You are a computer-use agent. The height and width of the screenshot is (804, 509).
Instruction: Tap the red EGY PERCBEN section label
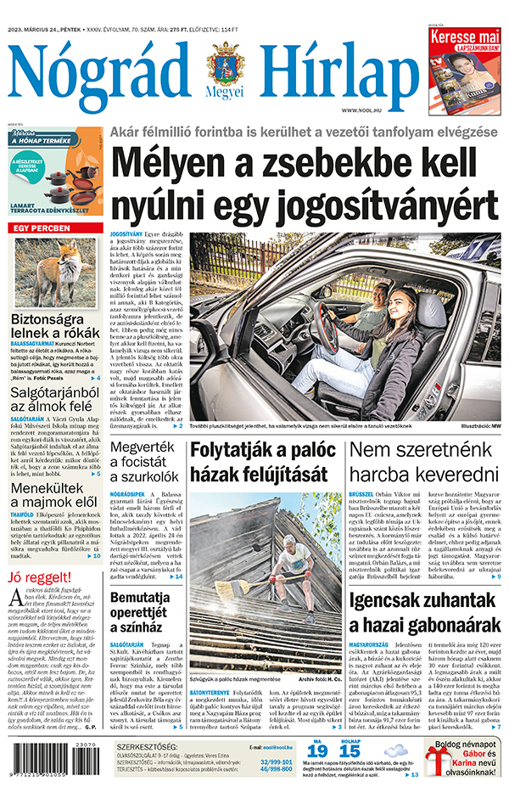39,228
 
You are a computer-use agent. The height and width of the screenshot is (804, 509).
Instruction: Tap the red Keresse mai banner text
464,37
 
